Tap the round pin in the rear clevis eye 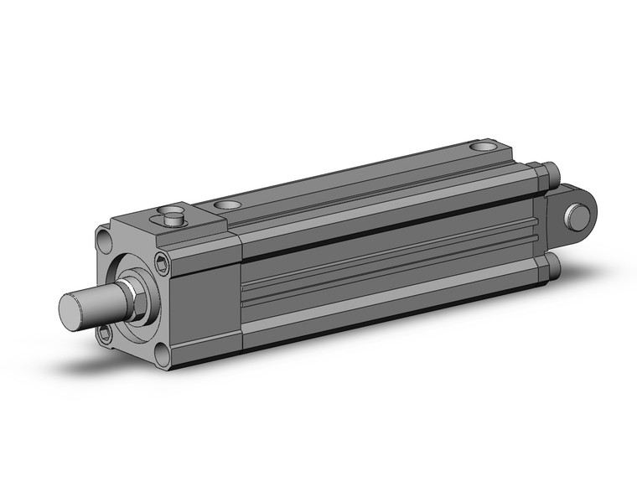pos(578,218)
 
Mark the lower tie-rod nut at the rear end pos(549,270)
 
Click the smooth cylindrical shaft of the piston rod pos(101,304)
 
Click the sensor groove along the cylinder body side pos(386,260)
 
